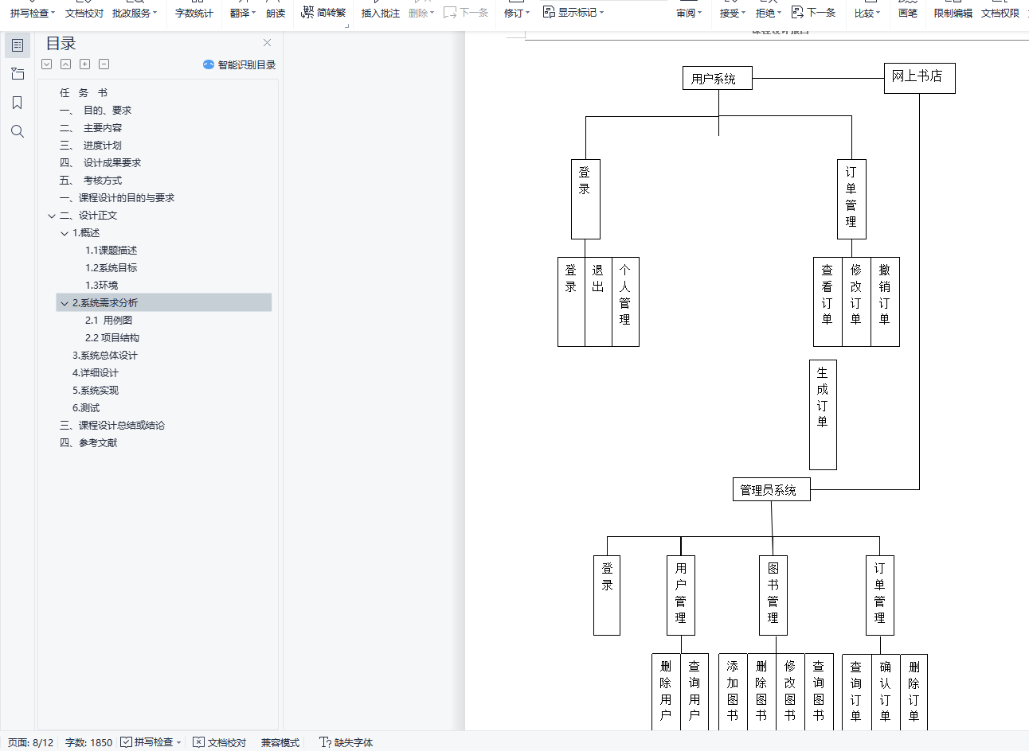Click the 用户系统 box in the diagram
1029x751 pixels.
click(x=717, y=78)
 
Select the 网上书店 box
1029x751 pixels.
click(x=919, y=77)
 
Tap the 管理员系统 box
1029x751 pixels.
click(x=770, y=489)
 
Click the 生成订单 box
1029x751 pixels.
click(x=823, y=414)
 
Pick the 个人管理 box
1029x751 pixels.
click(x=625, y=301)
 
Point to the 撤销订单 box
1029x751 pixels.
click(x=885, y=301)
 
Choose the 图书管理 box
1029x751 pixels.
click(x=773, y=594)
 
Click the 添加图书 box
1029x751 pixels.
click(x=733, y=691)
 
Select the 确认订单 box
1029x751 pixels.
click(x=885, y=691)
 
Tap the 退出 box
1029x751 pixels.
click(x=598, y=301)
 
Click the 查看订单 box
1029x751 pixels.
click(x=828, y=301)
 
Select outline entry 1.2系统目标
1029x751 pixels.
click(x=112, y=267)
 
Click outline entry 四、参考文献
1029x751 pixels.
click(x=88, y=442)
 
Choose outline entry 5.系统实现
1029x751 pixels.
click(x=96, y=390)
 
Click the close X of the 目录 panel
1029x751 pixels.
click(x=267, y=43)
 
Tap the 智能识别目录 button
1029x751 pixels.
click(x=240, y=64)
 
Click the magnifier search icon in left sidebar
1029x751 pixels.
click(x=18, y=131)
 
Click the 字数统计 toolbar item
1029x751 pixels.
click(x=194, y=13)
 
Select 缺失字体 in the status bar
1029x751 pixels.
click(x=346, y=742)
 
